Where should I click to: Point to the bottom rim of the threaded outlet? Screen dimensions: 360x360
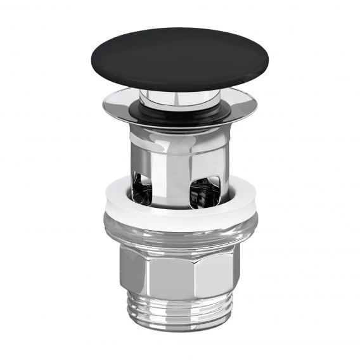[x=180, y=337]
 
